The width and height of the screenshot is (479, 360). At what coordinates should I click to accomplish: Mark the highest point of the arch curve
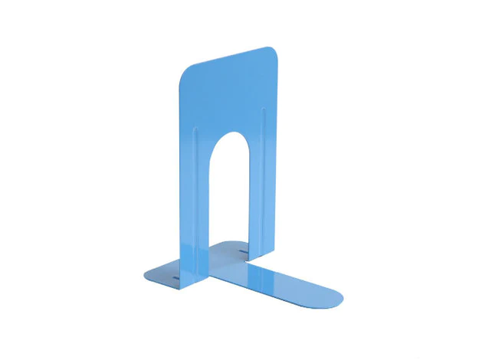229,132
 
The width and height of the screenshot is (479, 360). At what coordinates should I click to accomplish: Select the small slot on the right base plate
242,251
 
